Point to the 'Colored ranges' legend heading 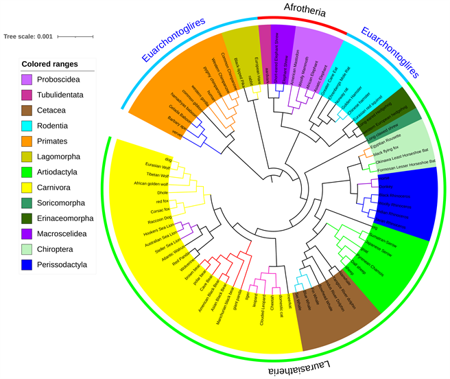pos(49,65)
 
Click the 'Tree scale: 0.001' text pos(28,36)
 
